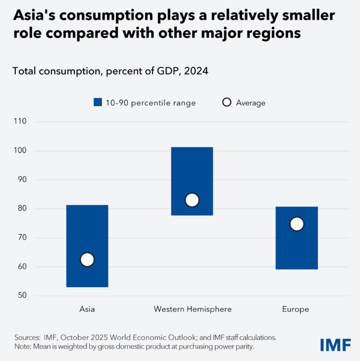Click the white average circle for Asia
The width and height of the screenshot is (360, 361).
87,259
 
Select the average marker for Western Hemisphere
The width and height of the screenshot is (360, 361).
192,200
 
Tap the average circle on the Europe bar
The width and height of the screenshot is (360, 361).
296,224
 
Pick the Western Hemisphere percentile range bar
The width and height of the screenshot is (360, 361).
192,169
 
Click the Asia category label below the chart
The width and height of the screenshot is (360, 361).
87,309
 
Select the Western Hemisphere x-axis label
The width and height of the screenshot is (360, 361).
192,309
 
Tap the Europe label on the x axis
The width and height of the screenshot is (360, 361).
296,309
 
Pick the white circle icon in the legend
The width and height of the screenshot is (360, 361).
227,102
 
